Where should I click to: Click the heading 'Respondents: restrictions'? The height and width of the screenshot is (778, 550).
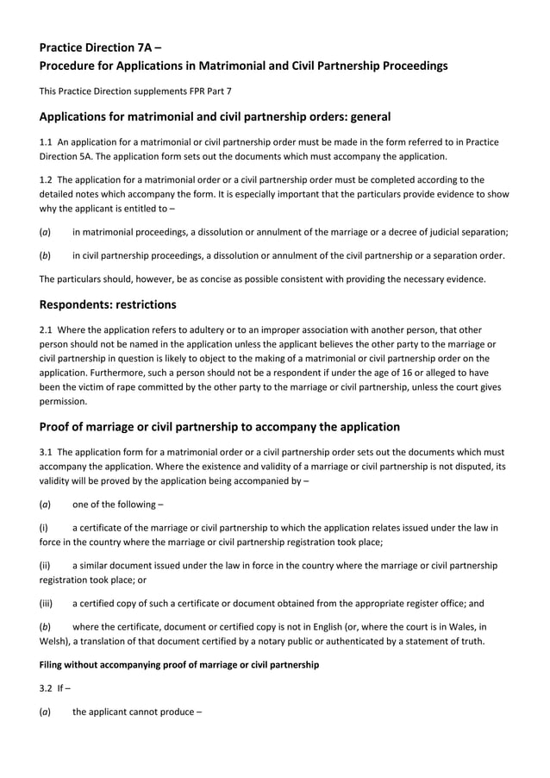(x=109, y=304)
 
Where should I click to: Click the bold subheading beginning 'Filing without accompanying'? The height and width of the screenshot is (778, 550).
(x=179, y=665)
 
